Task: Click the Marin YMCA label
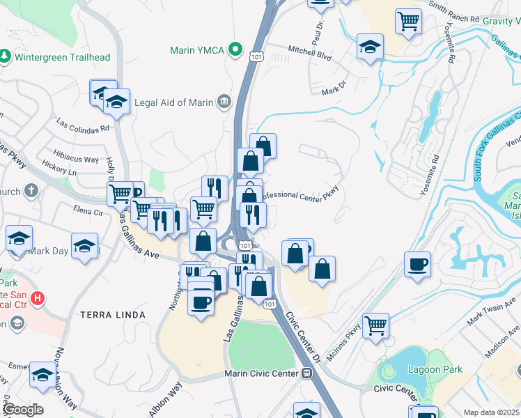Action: point(199,50)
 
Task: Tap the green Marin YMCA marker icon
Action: point(236,50)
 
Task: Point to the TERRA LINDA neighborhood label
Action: point(113,315)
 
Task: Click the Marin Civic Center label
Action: point(261,373)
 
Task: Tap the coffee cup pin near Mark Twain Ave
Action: point(418,265)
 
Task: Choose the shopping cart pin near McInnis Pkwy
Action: point(376,325)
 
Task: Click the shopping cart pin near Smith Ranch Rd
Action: point(408,20)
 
